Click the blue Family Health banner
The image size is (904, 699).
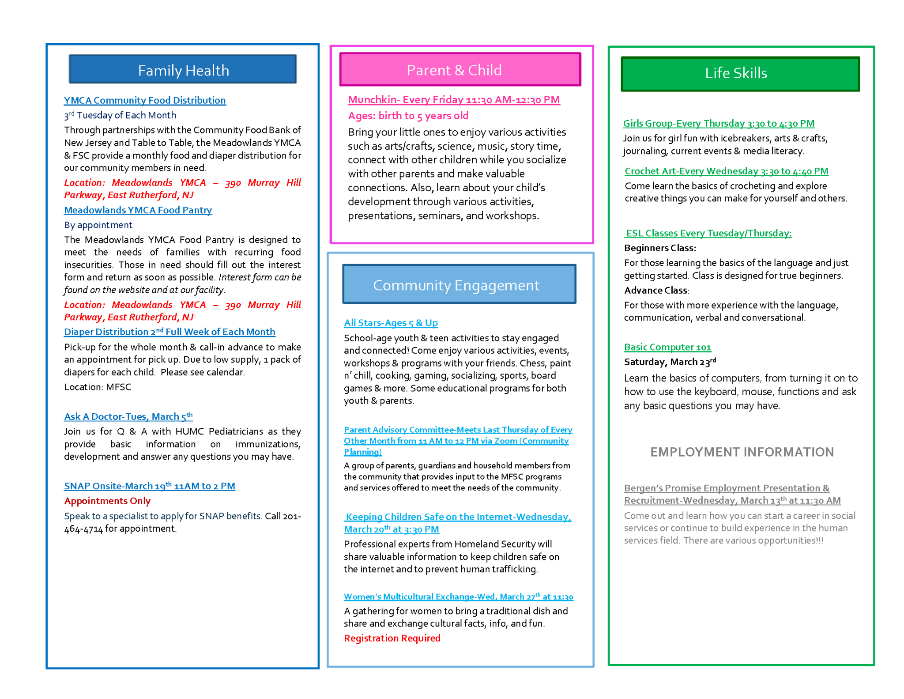pyautogui.click(x=183, y=70)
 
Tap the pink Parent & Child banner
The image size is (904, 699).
pyautogui.click(x=460, y=70)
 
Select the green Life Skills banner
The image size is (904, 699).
pyautogui.click(x=740, y=73)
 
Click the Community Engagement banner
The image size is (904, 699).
pyautogui.click(x=459, y=285)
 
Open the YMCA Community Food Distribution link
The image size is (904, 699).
pyautogui.click(x=145, y=100)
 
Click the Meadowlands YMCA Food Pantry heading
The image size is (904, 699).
pyautogui.click(x=138, y=210)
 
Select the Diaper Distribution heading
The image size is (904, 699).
pyautogui.click(x=169, y=332)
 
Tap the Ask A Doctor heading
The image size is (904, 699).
pyautogui.click(x=128, y=416)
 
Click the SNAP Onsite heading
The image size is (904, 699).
pyautogui.click(x=149, y=486)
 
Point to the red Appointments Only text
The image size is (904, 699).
pyautogui.click(x=107, y=501)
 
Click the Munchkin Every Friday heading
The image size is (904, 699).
pyautogui.click(x=454, y=100)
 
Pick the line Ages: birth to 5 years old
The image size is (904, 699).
pyautogui.click(x=408, y=116)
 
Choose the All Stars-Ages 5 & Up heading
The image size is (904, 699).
pyautogui.click(x=391, y=323)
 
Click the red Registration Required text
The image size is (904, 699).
pyautogui.click(x=392, y=638)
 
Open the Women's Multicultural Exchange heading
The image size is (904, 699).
pyautogui.click(x=458, y=597)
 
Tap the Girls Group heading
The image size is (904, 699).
pyautogui.click(x=718, y=124)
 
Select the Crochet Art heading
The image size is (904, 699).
pyautogui.click(x=726, y=171)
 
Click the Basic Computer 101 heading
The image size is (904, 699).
pyautogui.click(x=667, y=347)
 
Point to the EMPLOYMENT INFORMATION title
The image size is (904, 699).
pyautogui.click(x=742, y=452)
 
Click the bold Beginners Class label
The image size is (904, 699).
pyautogui.click(x=660, y=248)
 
